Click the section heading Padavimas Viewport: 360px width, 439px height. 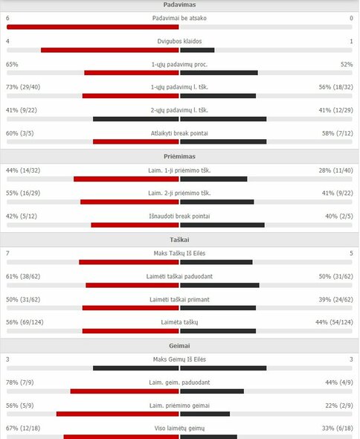click(x=179, y=4)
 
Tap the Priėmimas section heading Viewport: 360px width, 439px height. click(x=179, y=158)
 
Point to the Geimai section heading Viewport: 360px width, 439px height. click(x=179, y=346)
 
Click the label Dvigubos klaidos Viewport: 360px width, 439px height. click(x=180, y=41)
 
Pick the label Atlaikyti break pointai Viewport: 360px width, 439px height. click(x=180, y=133)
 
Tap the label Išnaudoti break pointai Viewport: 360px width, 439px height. click(x=180, y=217)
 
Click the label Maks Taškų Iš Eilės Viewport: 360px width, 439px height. click(x=180, y=254)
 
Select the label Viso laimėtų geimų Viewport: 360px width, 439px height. click(x=180, y=429)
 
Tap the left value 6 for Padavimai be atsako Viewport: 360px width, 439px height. click(x=7, y=18)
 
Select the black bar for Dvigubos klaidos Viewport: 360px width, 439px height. click(x=197, y=50)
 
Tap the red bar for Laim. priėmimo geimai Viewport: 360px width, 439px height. click(x=118, y=414)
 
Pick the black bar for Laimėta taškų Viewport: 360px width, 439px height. click(x=216, y=330)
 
